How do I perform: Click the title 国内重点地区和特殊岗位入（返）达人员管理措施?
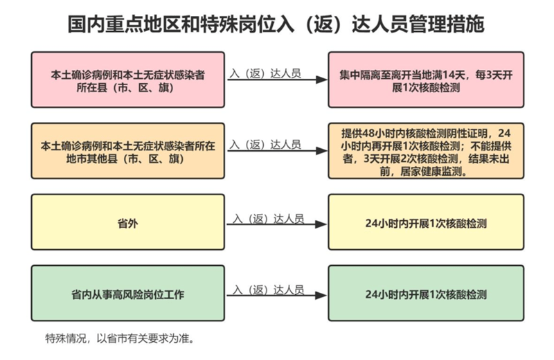tap(276, 24)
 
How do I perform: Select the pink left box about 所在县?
tap(128, 80)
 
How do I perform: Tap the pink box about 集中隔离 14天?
tap(426, 80)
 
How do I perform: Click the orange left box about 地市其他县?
tap(128, 151)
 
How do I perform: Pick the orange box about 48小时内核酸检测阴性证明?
tap(426, 151)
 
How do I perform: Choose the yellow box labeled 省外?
tap(128, 222)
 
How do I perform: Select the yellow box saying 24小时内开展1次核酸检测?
tap(426, 222)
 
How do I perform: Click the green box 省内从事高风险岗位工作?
tap(128, 294)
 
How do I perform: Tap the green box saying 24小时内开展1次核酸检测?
tap(426, 294)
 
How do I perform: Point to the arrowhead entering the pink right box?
tap(322, 80)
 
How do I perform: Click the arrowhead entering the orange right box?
tap(322, 151)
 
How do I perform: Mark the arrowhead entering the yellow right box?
tap(321, 224)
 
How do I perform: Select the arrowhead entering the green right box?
tap(321, 296)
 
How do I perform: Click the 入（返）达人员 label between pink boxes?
tap(265, 73)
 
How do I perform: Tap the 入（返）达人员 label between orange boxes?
tap(265, 145)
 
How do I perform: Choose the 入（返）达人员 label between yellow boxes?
tap(269, 219)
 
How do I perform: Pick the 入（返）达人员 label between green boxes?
tap(269, 290)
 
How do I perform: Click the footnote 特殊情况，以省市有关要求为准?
tap(120, 339)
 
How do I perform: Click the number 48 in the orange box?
tap(368, 133)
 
